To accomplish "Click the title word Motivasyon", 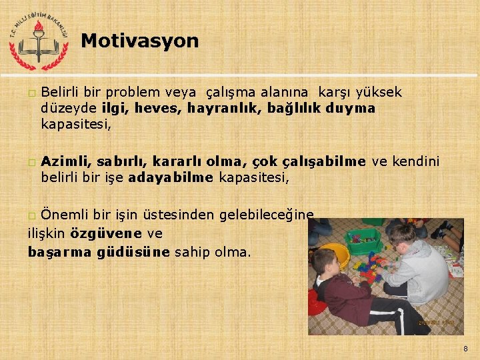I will click(140, 41).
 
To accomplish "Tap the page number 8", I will click(465, 348).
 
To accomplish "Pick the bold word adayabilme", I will click(171, 177).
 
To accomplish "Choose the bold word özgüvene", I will click(106, 233).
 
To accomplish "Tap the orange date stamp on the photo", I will click(437, 323).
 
